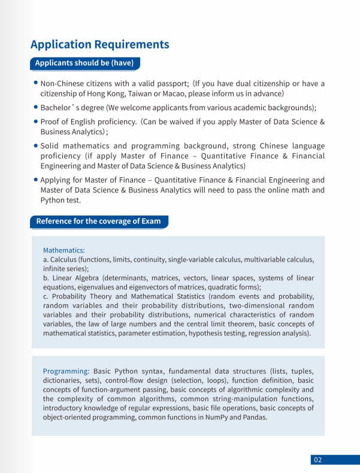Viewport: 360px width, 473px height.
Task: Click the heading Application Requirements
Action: (x=99, y=44)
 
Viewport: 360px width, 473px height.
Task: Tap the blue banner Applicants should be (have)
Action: (x=84, y=63)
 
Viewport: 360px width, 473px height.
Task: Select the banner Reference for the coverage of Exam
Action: (x=98, y=221)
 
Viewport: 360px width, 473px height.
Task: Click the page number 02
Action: (x=317, y=460)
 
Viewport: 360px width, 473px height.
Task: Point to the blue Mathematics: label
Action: (x=64, y=250)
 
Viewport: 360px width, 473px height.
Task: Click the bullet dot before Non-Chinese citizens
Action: (x=36, y=83)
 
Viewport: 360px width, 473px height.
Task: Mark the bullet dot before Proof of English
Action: (x=36, y=120)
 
